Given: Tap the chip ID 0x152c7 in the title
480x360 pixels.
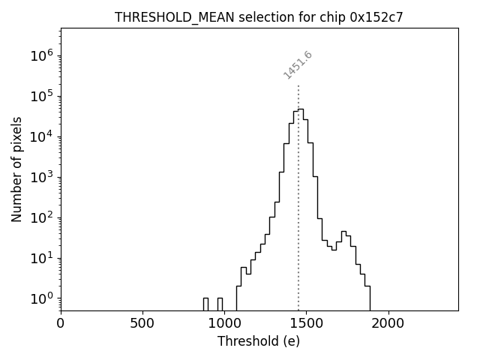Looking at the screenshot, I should (x=376, y=18).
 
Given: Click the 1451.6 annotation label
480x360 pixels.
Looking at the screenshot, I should (x=298, y=65).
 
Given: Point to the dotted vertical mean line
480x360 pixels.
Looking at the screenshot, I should (x=298, y=195).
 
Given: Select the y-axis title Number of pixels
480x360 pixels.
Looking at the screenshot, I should (x=17, y=169).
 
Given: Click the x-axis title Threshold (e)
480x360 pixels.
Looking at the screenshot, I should (x=259, y=341).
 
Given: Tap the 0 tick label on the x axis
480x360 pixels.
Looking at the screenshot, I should (x=61, y=323).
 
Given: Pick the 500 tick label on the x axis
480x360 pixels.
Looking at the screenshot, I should (x=142, y=323).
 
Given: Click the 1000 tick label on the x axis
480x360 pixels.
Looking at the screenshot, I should (x=224, y=323).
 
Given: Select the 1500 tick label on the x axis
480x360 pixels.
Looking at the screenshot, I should (x=306, y=323).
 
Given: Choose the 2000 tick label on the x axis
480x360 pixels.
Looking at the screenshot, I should (x=388, y=323).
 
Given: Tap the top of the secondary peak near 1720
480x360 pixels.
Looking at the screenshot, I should (x=343, y=232).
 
